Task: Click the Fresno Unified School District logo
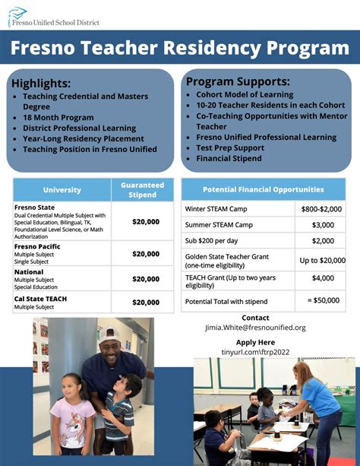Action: coord(53,16)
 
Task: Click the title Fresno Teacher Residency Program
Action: coord(180,49)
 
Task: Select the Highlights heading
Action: coord(41,83)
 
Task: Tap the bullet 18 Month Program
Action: coord(58,118)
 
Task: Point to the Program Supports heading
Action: coord(238,81)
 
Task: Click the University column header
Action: coord(62,190)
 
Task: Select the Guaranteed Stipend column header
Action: coord(142,190)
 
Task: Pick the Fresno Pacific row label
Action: coord(37,246)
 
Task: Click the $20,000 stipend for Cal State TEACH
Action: coord(146,303)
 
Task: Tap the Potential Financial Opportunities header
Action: coord(263,189)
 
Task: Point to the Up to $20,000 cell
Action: coord(322,261)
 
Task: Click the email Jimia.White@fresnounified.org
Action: coord(255,328)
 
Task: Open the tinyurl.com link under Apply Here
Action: coord(255,352)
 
